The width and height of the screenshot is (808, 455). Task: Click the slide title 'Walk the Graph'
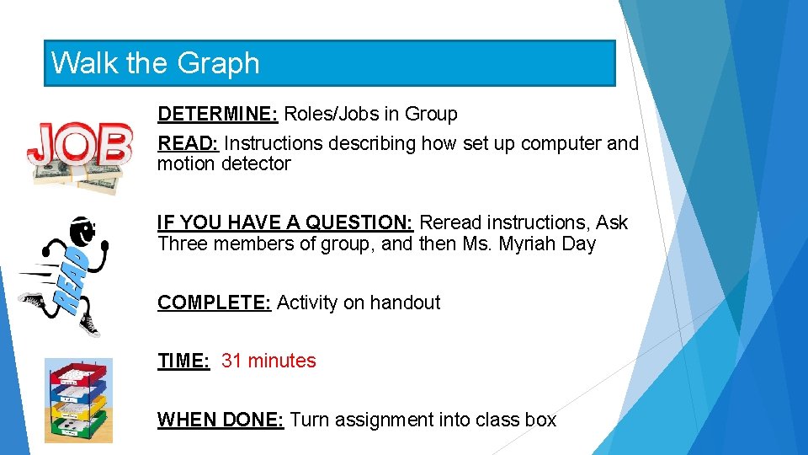[156, 63]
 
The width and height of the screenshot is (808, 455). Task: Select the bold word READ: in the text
[188, 143]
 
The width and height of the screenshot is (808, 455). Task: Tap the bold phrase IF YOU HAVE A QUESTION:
[284, 222]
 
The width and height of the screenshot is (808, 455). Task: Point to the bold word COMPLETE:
[214, 302]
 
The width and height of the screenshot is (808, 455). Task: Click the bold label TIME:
[183, 361]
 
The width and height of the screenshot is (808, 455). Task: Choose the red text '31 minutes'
[268, 361]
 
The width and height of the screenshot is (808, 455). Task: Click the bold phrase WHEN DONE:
[221, 420]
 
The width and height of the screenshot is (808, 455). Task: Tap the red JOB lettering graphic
[79, 144]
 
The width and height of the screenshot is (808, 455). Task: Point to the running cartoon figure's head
[82, 230]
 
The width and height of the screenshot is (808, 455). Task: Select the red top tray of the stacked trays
[78, 372]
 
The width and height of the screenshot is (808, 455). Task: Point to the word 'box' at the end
[540, 420]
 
